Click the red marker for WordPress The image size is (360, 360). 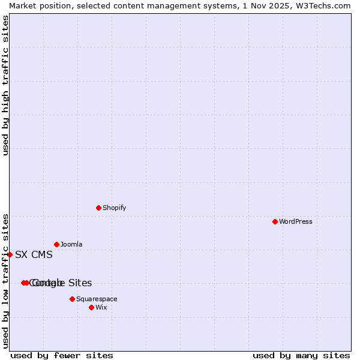[275, 221]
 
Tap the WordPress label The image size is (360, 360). [295, 221]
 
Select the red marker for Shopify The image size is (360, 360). [98, 208]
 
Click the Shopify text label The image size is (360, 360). [114, 208]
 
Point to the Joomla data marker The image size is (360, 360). [56, 244]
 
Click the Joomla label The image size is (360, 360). [71, 244]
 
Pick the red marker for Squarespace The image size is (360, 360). [72, 299]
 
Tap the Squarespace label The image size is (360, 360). [97, 299]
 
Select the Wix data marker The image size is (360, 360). [91, 307]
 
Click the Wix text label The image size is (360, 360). [101, 307]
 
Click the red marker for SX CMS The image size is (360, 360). [10, 254]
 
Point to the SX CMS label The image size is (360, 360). [34, 254]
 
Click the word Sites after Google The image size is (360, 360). [79, 283]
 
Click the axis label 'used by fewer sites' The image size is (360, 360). [62, 355]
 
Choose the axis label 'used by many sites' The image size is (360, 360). [301, 355]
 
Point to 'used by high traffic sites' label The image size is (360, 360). [5, 85]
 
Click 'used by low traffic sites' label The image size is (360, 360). [5, 280]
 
